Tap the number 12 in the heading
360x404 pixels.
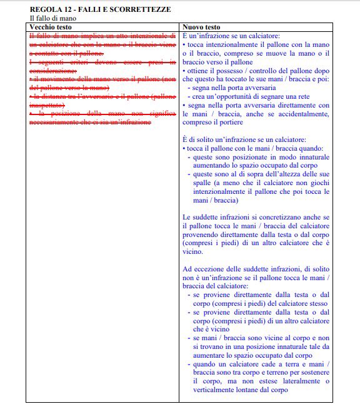(69, 11)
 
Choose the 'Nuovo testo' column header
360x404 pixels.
(201, 28)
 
